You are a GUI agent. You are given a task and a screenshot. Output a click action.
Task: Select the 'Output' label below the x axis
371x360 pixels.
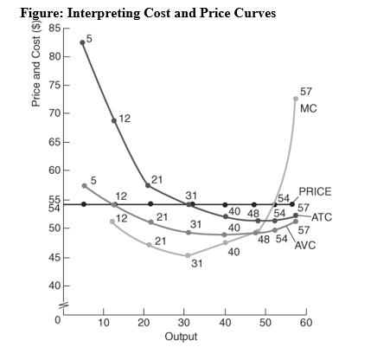[186, 337]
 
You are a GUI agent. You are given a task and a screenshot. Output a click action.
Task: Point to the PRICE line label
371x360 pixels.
[315, 191]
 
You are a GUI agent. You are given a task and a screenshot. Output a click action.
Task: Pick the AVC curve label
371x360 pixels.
[308, 245]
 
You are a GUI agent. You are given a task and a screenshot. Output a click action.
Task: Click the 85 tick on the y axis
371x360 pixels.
[54, 29]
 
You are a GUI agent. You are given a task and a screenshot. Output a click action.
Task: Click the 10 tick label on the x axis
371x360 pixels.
[103, 322]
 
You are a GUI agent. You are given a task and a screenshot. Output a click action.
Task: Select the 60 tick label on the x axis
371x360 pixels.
[305, 322]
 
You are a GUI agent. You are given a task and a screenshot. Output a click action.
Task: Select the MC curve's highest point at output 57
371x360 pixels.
[296, 98]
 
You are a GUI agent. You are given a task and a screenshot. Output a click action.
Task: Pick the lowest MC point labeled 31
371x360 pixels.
[189, 255]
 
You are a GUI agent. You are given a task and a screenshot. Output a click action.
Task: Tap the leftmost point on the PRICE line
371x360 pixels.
[83, 204]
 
